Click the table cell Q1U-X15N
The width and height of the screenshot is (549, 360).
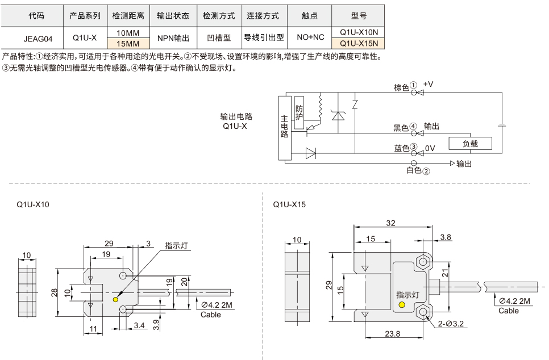(359, 44)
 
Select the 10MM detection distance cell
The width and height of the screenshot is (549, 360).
(127, 33)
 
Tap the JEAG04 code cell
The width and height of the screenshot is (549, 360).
(38, 39)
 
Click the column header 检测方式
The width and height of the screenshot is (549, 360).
(219, 16)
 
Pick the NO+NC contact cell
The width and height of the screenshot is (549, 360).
(310, 38)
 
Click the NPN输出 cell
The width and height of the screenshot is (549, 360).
(173, 38)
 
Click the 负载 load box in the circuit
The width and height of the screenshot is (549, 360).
(469, 144)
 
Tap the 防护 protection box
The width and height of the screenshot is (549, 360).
(300, 112)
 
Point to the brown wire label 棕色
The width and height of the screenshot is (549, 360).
(401, 87)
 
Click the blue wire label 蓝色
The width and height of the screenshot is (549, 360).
(401, 148)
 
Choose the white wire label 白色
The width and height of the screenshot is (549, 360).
(413, 170)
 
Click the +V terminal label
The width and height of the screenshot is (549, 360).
(428, 84)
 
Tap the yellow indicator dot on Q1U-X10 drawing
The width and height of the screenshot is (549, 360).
(116, 300)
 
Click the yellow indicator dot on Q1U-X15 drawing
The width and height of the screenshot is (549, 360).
(403, 305)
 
